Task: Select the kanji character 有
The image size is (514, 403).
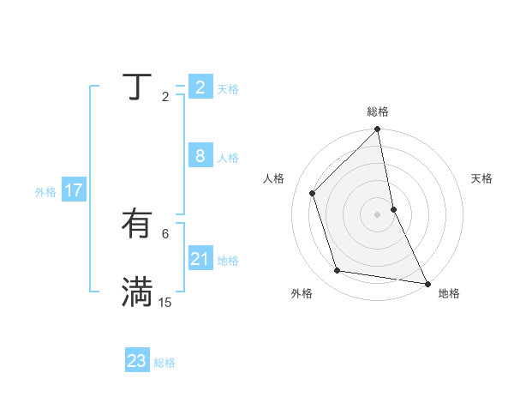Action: coord(137,225)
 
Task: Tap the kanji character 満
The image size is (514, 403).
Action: coord(137,292)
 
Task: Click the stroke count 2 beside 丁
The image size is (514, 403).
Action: coord(165,97)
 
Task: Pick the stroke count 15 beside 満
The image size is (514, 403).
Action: coord(165,302)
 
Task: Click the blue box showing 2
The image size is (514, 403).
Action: coord(200,87)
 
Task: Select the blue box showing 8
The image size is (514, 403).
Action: coord(200,156)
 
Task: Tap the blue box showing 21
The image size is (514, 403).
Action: coord(200,258)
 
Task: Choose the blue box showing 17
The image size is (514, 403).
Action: coord(73,190)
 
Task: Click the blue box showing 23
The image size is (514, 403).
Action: coord(136,361)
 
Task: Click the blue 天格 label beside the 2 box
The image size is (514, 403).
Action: coord(228,88)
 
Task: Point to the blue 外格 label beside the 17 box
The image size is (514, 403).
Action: coord(45,192)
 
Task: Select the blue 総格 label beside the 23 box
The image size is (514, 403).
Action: coord(164,363)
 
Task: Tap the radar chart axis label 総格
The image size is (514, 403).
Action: coord(378,111)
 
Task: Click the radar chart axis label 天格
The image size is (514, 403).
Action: coord(481,178)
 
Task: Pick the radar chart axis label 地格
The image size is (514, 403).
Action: coord(449,294)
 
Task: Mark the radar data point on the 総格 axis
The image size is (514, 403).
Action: coord(378,129)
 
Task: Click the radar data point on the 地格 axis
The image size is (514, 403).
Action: coord(427,282)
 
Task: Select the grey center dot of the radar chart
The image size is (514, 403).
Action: coord(378,214)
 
